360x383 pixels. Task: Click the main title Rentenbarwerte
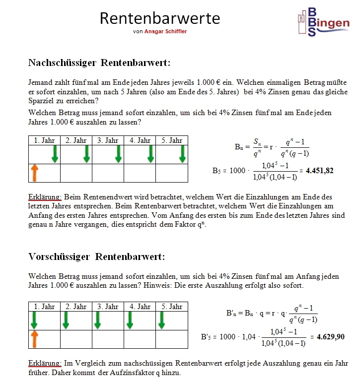tap(160, 18)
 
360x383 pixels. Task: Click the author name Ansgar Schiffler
tap(166, 32)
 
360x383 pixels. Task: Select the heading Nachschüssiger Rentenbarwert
tap(99, 63)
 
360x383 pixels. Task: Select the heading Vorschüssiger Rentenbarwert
tap(96, 256)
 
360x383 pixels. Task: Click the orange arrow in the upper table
tap(35, 173)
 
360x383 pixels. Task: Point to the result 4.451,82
tap(319, 171)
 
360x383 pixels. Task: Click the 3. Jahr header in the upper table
tap(108, 140)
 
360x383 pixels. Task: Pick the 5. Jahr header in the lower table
tap(172, 307)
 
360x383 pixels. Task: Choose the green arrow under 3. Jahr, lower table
tap(98, 320)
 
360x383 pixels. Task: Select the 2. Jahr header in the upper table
tap(76, 140)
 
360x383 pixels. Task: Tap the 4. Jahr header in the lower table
tap(140, 307)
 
